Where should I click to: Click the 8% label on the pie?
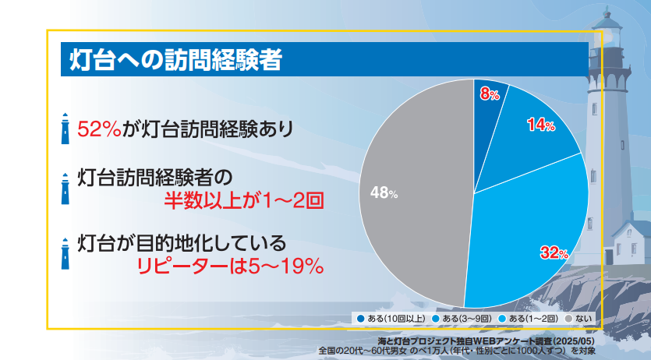click(x=490, y=94)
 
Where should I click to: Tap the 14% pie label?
click(x=541, y=124)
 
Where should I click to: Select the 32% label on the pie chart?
click(x=554, y=252)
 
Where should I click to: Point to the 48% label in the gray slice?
click(x=384, y=192)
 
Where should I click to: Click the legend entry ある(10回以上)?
click(x=391, y=319)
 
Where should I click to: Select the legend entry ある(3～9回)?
click(x=462, y=319)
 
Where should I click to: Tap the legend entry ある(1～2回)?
click(x=528, y=319)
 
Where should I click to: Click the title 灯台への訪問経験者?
click(x=176, y=60)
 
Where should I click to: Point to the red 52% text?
click(x=100, y=129)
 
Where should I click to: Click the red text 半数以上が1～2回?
click(x=244, y=201)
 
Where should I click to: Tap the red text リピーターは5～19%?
click(x=231, y=266)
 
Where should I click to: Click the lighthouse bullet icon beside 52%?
click(x=65, y=129)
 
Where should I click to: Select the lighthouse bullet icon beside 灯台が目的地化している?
click(x=65, y=254)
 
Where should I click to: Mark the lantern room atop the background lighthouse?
click(x=607, y=34)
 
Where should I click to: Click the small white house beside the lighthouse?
click(x=628, y=242)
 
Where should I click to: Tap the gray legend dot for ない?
click(x=569, y=319)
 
